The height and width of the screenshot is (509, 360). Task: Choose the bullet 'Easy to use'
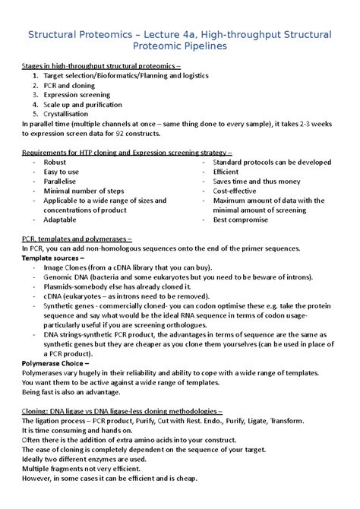[62, 172]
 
